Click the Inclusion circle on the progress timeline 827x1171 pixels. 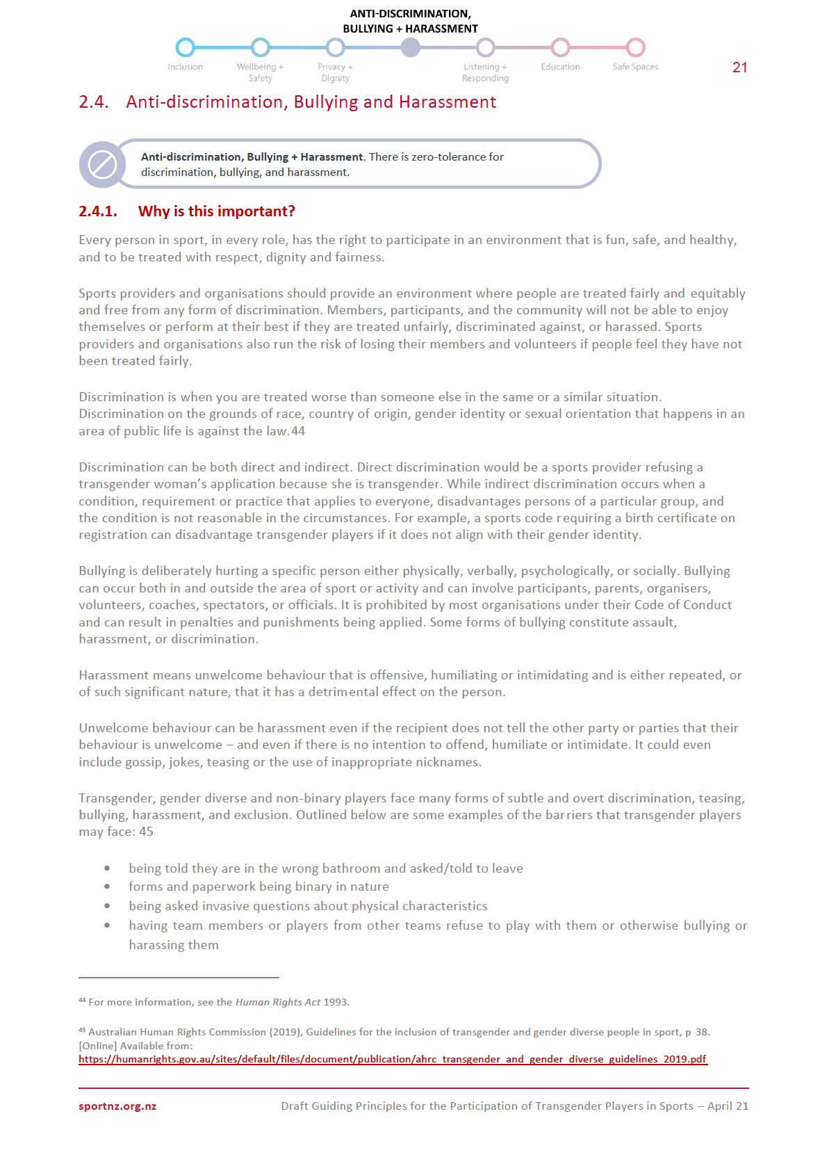(185, 47)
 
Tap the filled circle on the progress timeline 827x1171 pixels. (411, 47)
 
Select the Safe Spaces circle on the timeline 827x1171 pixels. (635, 47)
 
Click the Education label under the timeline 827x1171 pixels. (560, 67)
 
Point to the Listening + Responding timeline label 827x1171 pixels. (485, 72)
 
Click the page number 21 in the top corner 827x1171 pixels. (739, 67)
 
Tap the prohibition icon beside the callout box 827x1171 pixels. (102, 165)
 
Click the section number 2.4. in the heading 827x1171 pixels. (94, 102)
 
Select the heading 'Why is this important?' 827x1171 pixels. (216, 211)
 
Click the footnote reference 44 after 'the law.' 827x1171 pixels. (298, 431)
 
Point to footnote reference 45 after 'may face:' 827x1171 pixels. (146, 832)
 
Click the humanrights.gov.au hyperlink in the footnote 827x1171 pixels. (392, 1059)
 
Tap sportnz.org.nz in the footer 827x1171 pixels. (117, 1106)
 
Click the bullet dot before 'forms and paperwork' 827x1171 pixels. (107, 887)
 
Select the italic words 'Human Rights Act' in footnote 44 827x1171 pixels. (278, 1002)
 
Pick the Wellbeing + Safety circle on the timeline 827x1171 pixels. (260, 47)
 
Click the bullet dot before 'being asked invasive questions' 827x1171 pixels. (107, 906)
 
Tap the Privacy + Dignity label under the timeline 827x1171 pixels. (335, 72)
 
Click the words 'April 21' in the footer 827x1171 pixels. (728, 1106)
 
